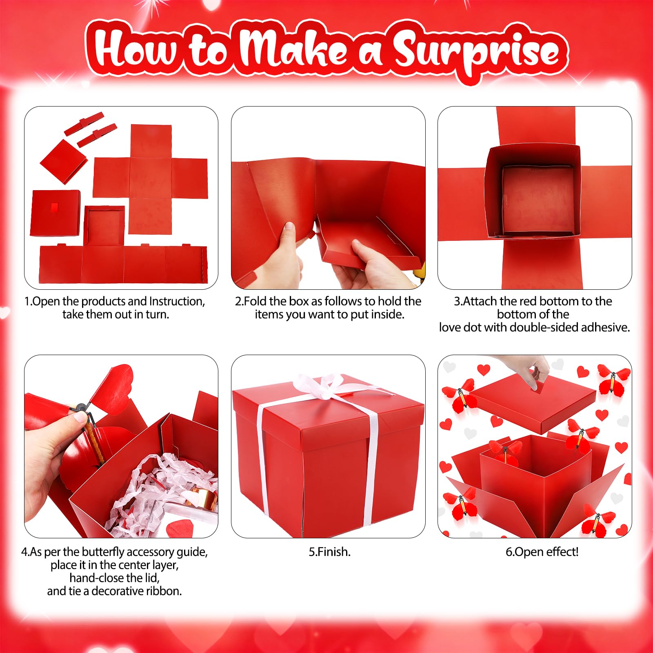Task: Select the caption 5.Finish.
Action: (x=330, y=552)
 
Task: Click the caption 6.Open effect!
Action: (x=542, y=552)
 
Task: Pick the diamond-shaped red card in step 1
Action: (x=63, y=161)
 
